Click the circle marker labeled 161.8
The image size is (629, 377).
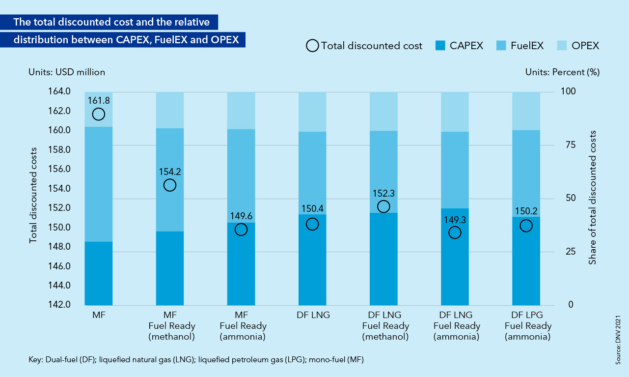pos(99,114)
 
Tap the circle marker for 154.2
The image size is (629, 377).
pos(170,185)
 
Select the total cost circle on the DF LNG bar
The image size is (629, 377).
pos(312,224)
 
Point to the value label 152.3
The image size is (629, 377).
pos(383,194)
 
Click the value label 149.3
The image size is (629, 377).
pos(455,220)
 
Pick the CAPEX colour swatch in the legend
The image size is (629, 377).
pos(441,46)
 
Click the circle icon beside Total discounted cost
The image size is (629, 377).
pos(312,46)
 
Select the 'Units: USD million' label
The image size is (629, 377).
pos(67,72)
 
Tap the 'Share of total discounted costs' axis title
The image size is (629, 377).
pos(593,198)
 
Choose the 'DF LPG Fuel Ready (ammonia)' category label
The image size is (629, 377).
pos(526,326)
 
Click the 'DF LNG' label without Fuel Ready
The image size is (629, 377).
pos(312,315)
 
